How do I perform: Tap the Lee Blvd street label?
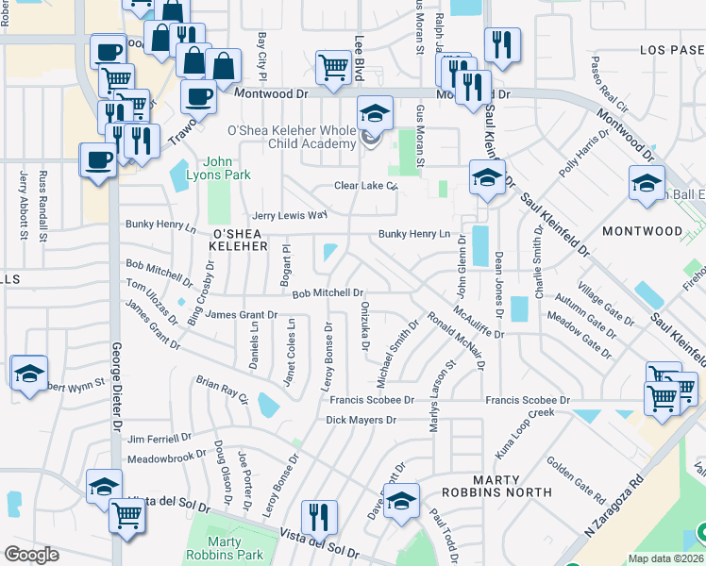pos(359,57)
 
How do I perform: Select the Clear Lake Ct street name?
pos(364,186)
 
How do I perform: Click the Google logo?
pos(31,555)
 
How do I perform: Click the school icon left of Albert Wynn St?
pos(28,373)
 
